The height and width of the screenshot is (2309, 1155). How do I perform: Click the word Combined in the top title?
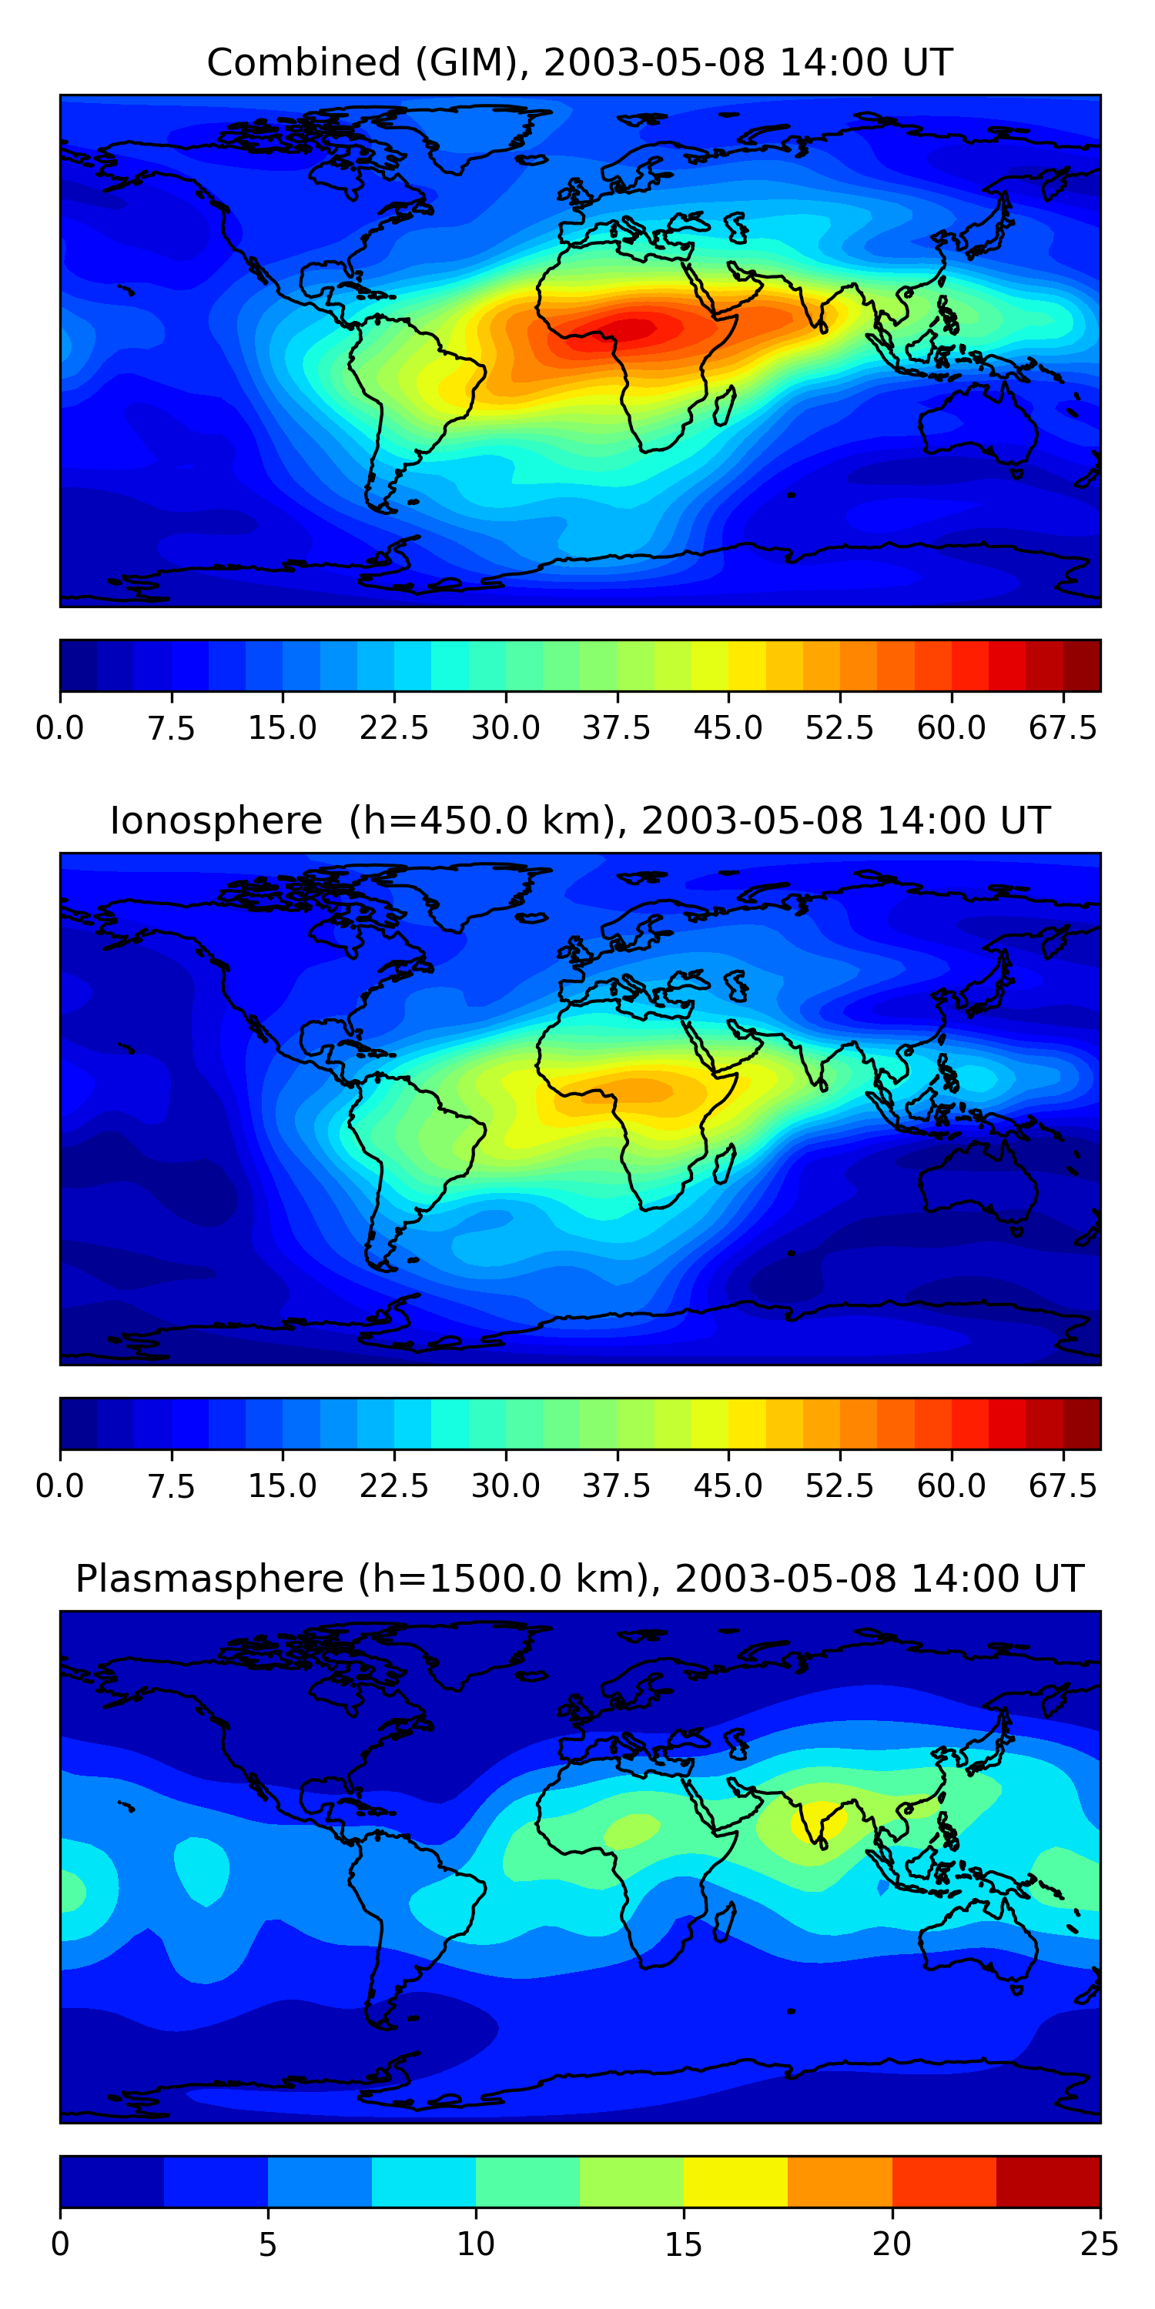(303, 63)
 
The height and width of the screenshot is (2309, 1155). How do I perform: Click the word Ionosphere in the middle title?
(216, 821)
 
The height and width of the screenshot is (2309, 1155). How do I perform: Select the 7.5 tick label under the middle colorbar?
(171, 1486)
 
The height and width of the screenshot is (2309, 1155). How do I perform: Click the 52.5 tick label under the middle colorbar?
(839, 1486)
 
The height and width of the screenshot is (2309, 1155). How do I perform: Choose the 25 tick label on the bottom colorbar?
(1100, 2244)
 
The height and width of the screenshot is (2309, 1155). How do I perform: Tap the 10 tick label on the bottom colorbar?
(475, 2244)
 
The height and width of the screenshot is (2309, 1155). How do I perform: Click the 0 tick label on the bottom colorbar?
(60, 2244)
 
